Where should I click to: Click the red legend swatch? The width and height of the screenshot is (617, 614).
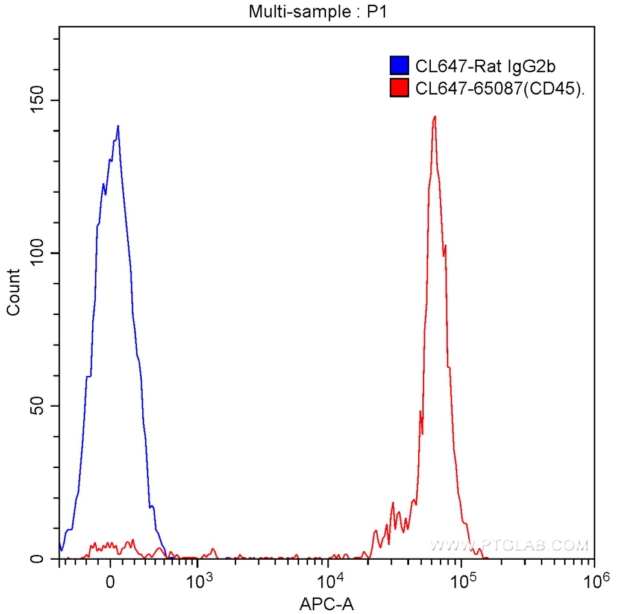tap(399, 88)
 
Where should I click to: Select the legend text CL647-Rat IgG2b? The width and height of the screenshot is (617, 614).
tap(480, 66)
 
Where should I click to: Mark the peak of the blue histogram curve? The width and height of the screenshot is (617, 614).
tap(118, 126)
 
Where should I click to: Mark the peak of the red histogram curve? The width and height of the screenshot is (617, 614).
tap(434, 116)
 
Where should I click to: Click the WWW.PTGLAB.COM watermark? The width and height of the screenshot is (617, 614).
tap(509, 546)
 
